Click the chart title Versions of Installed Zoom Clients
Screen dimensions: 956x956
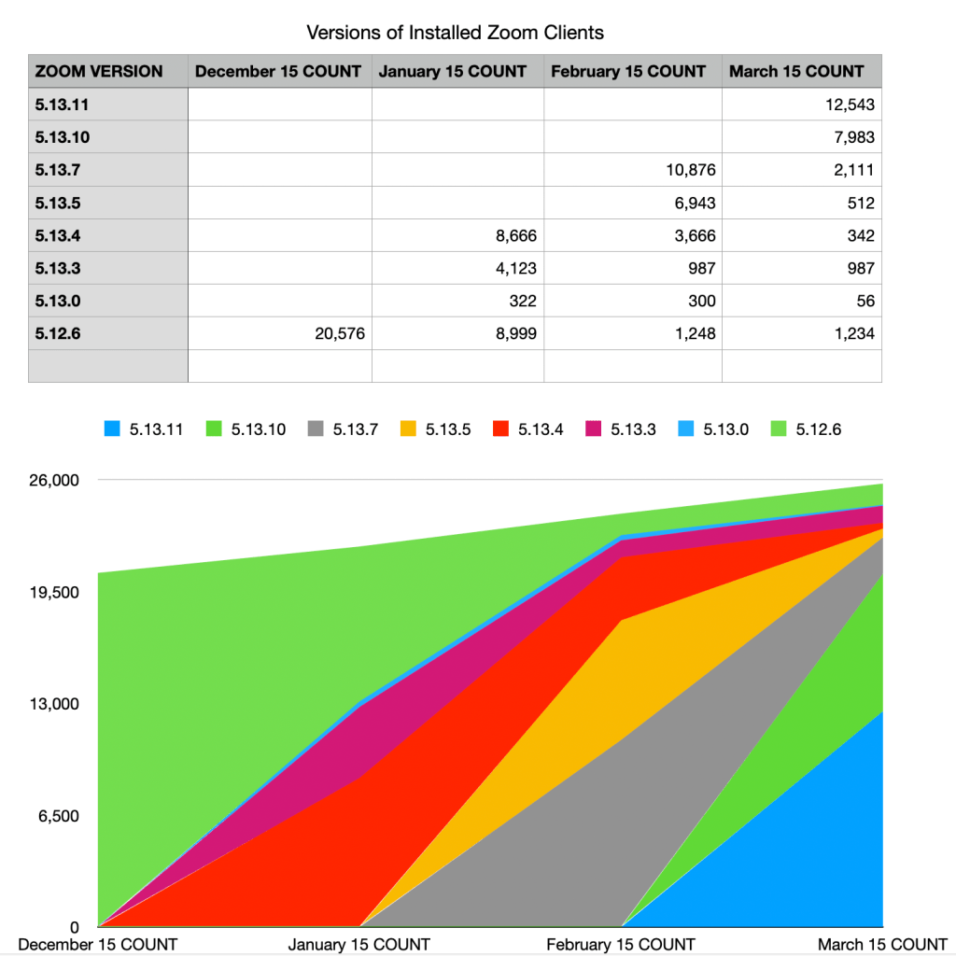tap(455, 33)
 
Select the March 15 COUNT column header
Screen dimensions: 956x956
tap(796, 71)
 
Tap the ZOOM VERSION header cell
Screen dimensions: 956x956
tap(99, 71)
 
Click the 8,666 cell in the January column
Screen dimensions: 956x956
tap(514, 235)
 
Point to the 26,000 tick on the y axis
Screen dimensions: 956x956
tap(55, 481)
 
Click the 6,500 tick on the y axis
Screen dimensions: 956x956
tap(59, 816)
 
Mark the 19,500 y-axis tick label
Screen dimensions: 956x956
tap(55, 593)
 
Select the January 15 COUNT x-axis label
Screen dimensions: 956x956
tap(359, 945)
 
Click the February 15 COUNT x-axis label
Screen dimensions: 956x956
tap(621, 945)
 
